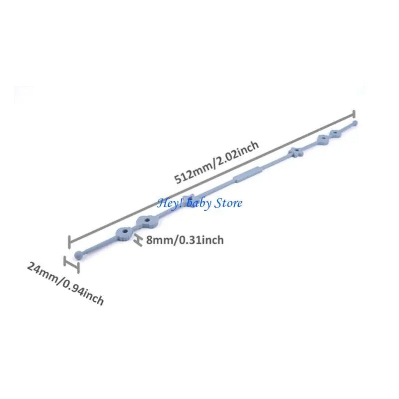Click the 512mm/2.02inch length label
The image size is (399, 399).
216,162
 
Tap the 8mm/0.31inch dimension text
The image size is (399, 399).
185,240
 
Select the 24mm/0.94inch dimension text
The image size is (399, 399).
65,283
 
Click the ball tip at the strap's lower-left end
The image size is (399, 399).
79,255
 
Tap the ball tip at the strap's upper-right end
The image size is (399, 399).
354,124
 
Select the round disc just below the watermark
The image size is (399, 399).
147,222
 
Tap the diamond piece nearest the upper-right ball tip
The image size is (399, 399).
335,133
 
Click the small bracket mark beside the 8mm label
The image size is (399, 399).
138,240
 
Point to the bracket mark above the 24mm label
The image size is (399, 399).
71,264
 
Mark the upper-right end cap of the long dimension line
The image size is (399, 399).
354,114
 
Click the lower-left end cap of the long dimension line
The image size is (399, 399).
69,242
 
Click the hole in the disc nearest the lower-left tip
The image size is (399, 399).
125,231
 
